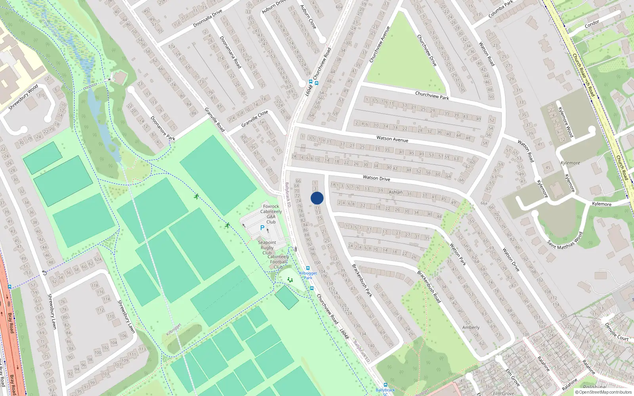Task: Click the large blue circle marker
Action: (x=317, y=198)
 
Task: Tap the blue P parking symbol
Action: (x=262, y=228)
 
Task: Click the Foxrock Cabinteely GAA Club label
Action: (x=271, y=214)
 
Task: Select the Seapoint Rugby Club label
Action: (x=267, y=247)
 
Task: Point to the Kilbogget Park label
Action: (x=308, y=275)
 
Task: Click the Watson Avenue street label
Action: (x=392, y=139)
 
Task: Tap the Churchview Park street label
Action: (x=432, y=95)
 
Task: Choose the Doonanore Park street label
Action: (x=162, y=128)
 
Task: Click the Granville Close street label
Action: (x=255, y=118)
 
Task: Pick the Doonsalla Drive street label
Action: (x=208, y=18)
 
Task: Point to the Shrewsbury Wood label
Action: (x=24, y=97)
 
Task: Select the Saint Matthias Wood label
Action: (x=565, y=240)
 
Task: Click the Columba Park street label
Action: (x=501, y=9)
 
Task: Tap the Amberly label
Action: (x=471, y=327)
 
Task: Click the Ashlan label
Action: (x=395, y=192)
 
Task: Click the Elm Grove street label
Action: (x=512, y=377)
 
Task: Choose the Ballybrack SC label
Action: (x=385, y=392)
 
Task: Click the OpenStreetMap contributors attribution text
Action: (x=603, y=392)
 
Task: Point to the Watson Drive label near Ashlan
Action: (x=376, y=178)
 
